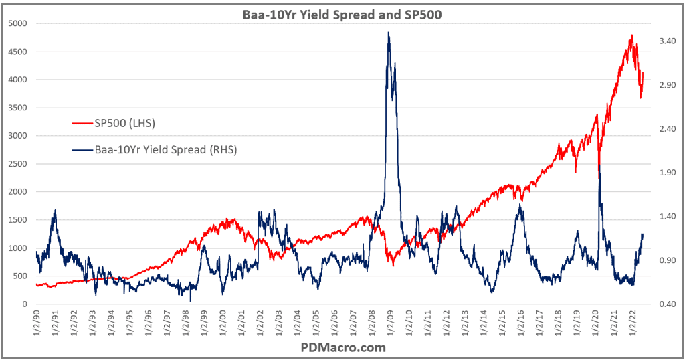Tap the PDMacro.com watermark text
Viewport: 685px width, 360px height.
(x=342, y=348)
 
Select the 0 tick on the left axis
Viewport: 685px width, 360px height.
(x=25, y=304)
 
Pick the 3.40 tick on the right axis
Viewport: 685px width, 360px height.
(x=666, y=41)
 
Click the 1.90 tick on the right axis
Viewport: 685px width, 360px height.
(x=666, y=173)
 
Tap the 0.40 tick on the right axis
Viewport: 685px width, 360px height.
(x=666, y=304)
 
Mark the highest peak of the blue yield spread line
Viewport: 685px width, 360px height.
(x=388, y=33)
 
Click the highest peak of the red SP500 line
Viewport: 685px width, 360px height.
(x=631, y=35)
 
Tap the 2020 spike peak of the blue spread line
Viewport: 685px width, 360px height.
(x=599, y=164)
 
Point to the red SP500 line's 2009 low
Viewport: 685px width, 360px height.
(x=393, y=266)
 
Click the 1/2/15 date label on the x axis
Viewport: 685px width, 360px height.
(x=500, y=325)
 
